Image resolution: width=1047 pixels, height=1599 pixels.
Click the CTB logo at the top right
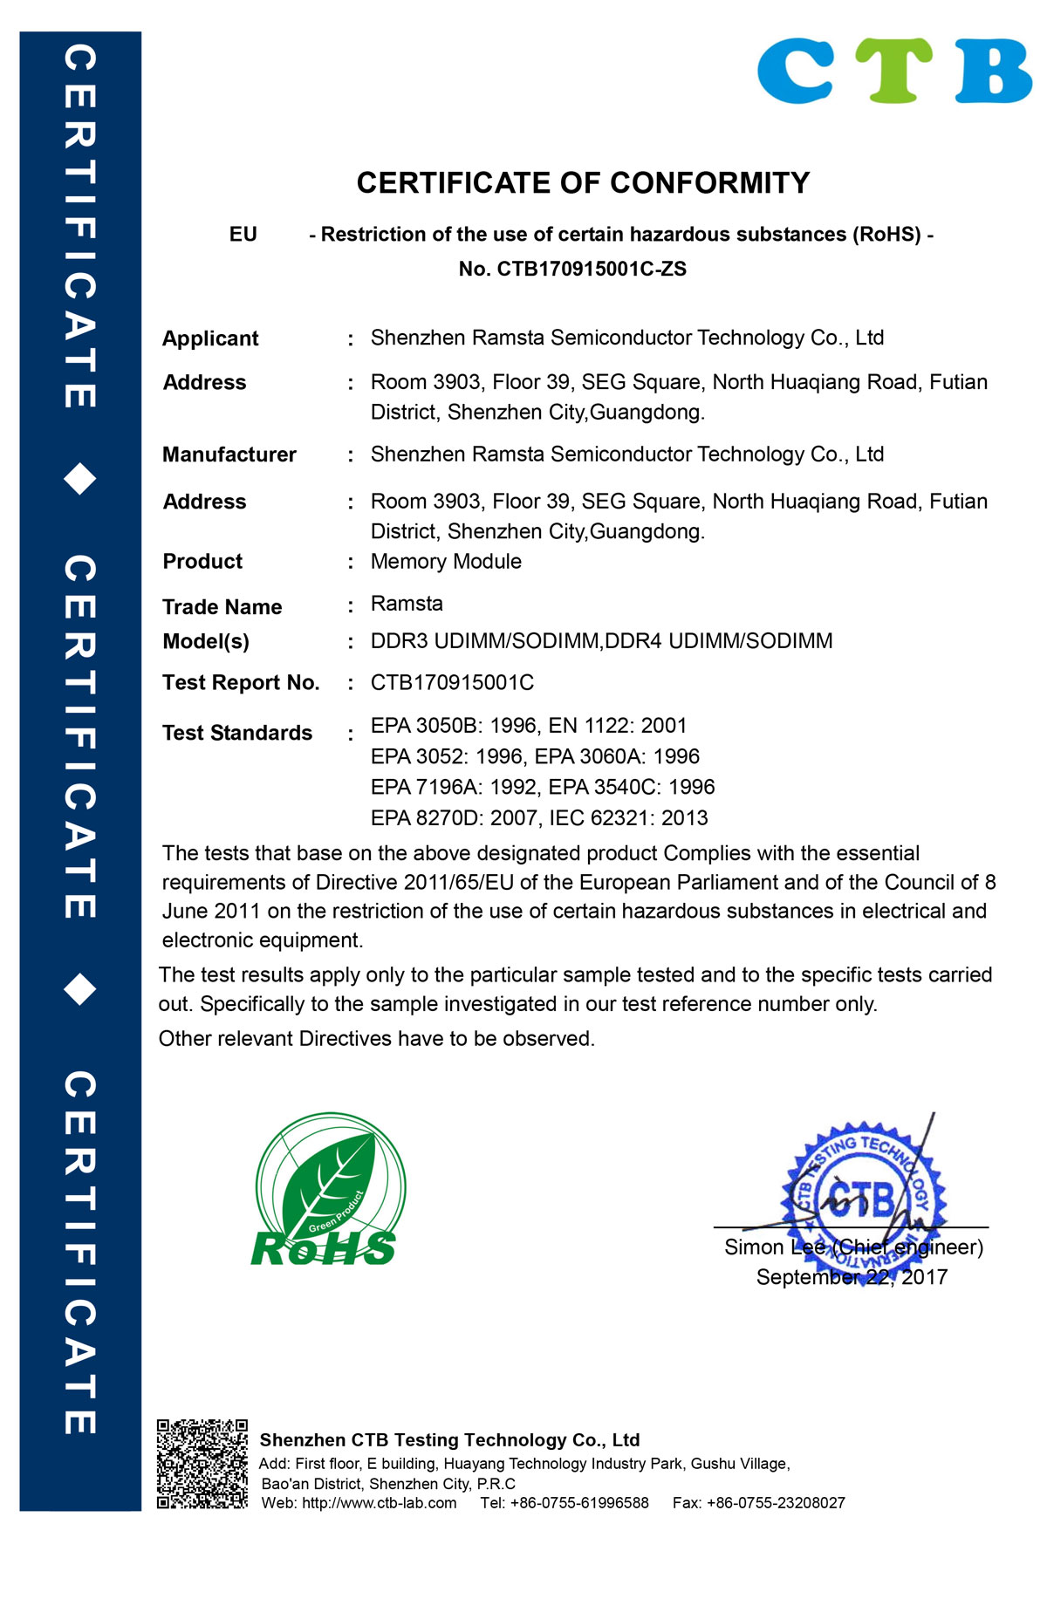point(894,72)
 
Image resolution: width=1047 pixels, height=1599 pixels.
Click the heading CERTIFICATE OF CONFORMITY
point(583,183)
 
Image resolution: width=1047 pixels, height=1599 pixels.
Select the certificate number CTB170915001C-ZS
point(592,269)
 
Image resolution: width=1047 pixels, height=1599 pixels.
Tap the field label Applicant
point(210,338)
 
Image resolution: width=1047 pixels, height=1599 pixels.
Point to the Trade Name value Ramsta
point(407,604)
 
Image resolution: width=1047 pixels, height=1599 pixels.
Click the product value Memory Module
point(446,562)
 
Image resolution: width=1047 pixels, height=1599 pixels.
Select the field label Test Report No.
point(241,683)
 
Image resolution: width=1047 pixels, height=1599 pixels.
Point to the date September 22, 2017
point(852,1277)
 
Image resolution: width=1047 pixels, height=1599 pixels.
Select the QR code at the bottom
point(202,1464)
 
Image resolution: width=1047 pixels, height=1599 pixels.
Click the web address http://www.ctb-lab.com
point(379,1503)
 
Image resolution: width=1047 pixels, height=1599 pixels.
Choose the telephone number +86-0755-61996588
point(579,1503)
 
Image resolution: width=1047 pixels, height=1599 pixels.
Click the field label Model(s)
point(206,642)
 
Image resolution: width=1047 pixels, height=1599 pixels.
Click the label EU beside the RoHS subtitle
point(243,235)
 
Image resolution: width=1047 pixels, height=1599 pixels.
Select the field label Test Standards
point(237,733)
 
